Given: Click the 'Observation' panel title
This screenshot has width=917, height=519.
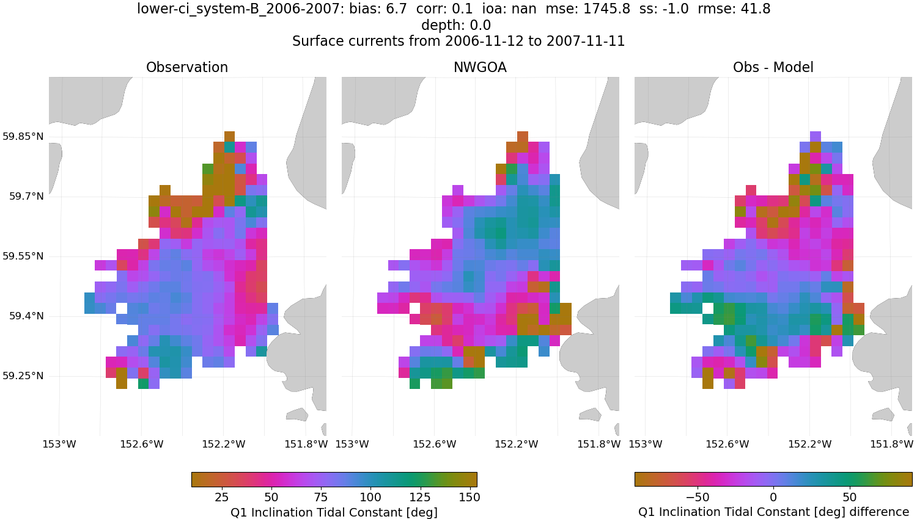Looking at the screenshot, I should click(187, 68).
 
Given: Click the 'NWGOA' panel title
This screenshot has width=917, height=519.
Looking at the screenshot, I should click(480, 68).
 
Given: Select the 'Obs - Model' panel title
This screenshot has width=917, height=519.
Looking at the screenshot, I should click(773, 68).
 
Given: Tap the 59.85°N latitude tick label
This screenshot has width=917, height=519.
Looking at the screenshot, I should click(23, 136).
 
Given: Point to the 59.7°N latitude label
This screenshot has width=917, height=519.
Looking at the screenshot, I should click(26, 197).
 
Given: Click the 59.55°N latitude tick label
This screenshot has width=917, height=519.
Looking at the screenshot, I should click(23, 256).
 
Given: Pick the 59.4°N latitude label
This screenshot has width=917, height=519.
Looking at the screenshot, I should click(26, 316).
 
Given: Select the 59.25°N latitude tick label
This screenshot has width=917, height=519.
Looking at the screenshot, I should click(23, 376).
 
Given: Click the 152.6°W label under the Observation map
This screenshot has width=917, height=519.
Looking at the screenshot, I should click(142, 444).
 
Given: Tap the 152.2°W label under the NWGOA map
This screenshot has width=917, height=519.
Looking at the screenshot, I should click(517, 444).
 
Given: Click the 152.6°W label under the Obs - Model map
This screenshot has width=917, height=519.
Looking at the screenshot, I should click(727, 444).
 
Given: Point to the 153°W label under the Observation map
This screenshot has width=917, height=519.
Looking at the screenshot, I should click(59, 444).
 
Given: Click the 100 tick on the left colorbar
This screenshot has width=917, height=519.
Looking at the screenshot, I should click(370, 497).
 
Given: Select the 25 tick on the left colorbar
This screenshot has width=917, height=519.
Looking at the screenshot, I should click(221, 497).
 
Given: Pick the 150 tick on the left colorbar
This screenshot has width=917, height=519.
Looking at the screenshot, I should click(470, 497).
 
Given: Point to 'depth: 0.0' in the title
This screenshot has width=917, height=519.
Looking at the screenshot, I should click(456, 26).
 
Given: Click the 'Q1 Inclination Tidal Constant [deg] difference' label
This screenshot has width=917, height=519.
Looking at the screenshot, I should click(773, 512).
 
